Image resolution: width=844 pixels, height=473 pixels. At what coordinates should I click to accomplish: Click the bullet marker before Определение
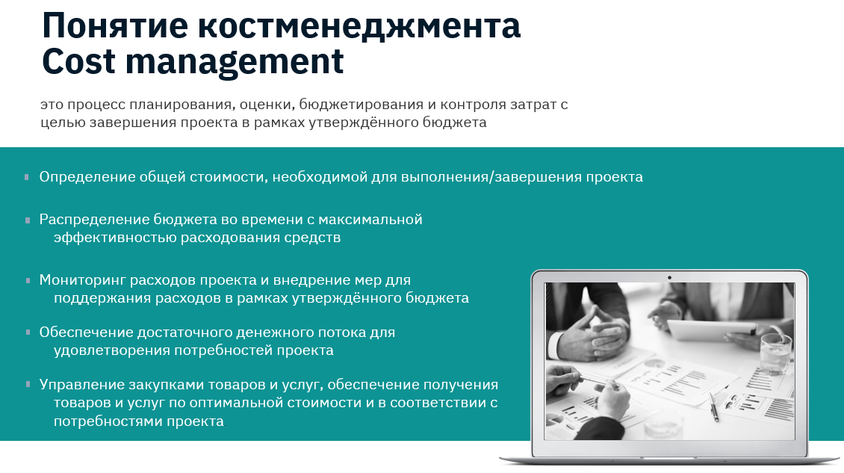tap(27, 177)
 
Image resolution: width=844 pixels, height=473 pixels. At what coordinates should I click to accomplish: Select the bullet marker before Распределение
tap(27, 220)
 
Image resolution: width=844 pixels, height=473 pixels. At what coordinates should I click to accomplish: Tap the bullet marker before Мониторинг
tap(27, 280)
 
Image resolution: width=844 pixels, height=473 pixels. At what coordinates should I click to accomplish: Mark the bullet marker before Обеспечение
tap(27, 332)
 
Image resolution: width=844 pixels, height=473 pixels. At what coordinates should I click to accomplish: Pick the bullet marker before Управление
tap(27, 385)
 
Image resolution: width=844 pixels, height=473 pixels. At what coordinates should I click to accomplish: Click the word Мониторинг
tap(83, 280)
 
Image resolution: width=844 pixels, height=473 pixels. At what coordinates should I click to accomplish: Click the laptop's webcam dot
tap(669, 277)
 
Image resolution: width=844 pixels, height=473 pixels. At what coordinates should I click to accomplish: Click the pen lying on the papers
tap(714, 407)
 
